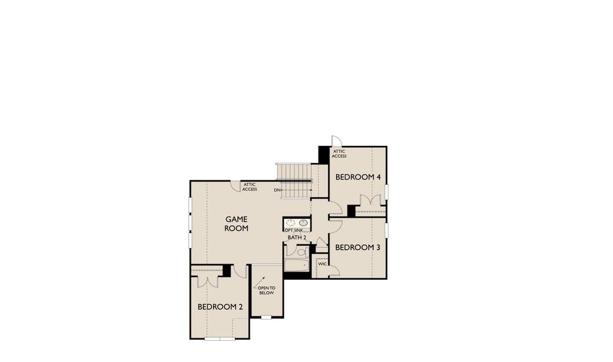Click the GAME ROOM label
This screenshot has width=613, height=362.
[x=237, y=224]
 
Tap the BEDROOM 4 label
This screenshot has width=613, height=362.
[x=358, y=177]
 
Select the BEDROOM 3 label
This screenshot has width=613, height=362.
[x=358, y=247]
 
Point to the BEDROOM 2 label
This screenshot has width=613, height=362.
[x=220, y=307]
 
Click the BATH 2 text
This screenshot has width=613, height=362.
[x=296, y=238]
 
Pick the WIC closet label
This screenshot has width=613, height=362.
[x=322, y=264]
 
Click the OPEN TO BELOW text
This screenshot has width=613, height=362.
[x=266, y=290]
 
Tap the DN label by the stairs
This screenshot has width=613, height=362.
[x=277, y=190]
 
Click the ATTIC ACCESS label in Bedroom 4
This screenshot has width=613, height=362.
[x=339, y=154]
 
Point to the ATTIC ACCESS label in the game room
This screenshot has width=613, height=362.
[x=250, y=187]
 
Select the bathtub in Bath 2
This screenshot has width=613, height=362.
[x=296, y=265]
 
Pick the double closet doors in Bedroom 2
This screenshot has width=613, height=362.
[x=208, y=281]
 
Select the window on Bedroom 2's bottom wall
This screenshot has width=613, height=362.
[x=220, y=339]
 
